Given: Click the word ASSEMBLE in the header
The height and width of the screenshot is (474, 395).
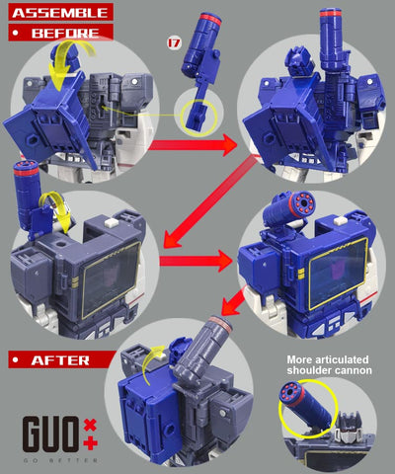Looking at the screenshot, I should (57, 13).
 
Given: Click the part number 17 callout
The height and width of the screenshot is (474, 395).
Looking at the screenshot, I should (175, 42).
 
